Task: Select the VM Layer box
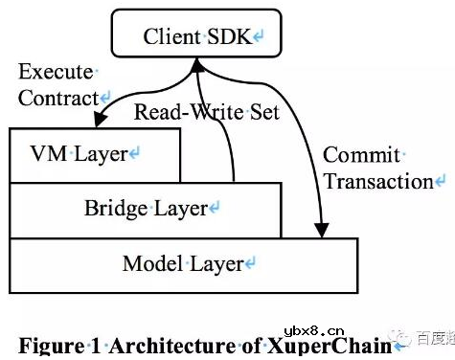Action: [94, 153]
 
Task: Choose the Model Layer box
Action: [182, 263]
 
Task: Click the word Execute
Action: [56, 72]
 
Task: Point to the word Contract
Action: [58, 98]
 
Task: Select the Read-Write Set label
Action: [206, 112]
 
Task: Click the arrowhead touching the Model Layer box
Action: [321, 230]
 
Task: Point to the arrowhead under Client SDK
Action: [197, 64]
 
